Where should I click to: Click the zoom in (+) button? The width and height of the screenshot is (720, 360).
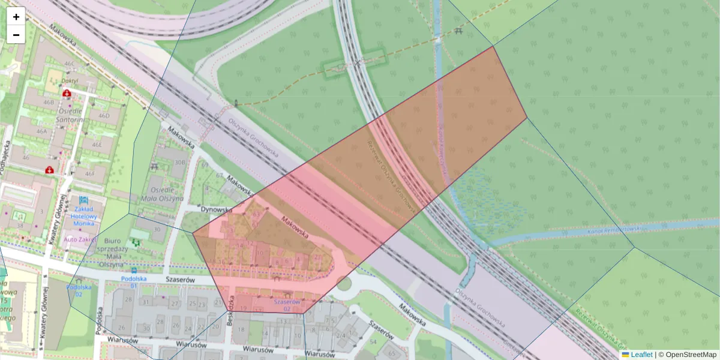coord(16,17)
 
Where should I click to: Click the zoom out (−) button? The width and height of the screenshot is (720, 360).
coord(16,35)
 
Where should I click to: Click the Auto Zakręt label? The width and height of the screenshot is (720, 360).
coord(80,239)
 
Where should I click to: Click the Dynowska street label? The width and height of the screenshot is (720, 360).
coord(216,210)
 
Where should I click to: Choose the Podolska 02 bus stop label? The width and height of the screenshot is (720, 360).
coord(79,290)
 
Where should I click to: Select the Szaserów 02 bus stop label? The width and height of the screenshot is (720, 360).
coord(287,305)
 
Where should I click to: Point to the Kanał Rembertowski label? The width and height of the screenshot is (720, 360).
coord(613,229)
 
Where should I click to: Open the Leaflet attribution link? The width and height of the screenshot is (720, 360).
coord(641,355)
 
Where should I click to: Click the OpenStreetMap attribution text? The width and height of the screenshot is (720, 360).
coord(691,355)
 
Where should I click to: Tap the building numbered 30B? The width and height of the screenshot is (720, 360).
coord(179,162)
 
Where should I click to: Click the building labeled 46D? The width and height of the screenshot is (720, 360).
coord(104,116)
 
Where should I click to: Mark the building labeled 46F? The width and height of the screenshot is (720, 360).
coord(90,174)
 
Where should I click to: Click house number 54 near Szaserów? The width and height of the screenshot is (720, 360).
coord(374,341)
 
